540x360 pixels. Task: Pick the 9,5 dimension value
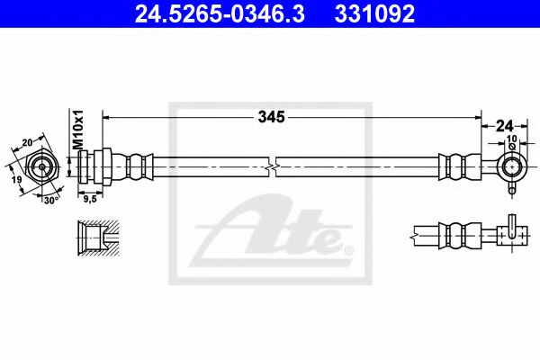click(89, 200)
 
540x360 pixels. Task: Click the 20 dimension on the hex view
click(26, 140)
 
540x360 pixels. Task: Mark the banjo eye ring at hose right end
click(512, 166)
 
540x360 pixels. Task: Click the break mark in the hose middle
click(273, 167)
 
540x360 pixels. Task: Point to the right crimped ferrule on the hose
click(454, 167)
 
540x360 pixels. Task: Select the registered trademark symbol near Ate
click(349, 249)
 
